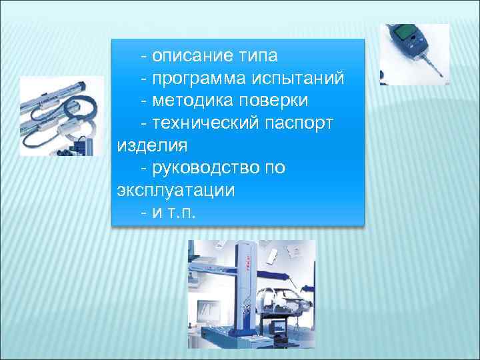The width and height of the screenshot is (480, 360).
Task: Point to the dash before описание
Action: [x=145, y=55]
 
